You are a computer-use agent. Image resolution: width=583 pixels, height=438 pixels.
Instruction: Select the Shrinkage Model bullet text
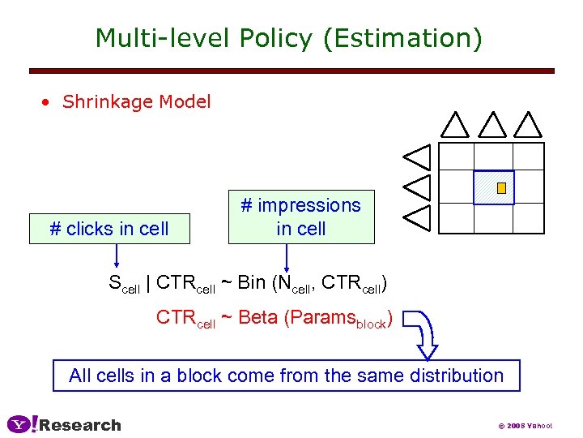click(x=136, y=102)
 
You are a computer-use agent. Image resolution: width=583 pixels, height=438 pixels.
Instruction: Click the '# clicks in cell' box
click(x=109, y=229)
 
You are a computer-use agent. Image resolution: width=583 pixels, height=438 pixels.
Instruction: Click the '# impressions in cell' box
click(x=301, y=217)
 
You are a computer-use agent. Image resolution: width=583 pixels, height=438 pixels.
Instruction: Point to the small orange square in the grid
click(x=501, y=188)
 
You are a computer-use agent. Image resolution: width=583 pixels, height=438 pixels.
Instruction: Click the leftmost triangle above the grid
click(x=455, y=125)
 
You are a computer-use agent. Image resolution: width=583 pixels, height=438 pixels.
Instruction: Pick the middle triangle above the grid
click(x=492, y=125)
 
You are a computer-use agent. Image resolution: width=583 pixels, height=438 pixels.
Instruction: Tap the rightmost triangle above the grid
click(x=528, y=125)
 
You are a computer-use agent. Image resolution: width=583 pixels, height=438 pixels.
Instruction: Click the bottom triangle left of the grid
click(x=418, y=216)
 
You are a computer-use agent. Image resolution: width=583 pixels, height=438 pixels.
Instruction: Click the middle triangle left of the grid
click(x=418, y=186)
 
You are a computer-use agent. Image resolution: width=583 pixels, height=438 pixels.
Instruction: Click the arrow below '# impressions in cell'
click(x=286, y=257)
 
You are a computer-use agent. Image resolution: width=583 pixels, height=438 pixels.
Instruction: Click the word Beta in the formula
click(x=258, y=318)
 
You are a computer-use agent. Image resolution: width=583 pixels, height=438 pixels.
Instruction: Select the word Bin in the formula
click(x=252, y=283)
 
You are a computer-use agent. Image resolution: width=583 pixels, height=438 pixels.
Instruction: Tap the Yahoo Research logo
click(x=64, y=424)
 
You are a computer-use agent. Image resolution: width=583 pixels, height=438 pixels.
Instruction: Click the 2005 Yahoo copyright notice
click(x=525, y=425)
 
